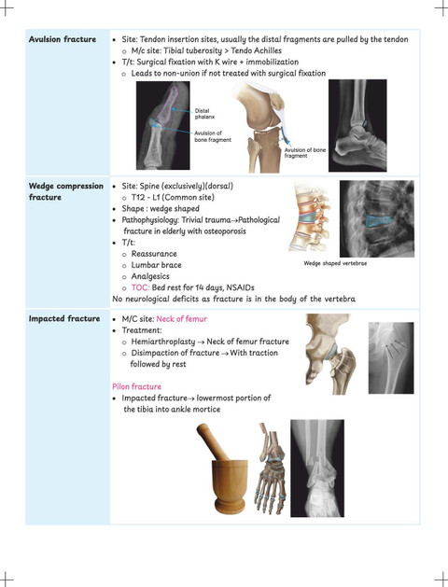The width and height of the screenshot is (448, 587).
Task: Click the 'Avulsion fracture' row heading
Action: click(63, 39)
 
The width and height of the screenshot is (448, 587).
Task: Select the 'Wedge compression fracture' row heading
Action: click(66, 191)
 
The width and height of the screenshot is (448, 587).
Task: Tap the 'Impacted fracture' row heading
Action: click(64, 318)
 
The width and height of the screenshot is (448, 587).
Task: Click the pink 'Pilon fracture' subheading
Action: click(136, 386)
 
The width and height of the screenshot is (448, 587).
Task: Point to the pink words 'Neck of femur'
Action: click(181, 319)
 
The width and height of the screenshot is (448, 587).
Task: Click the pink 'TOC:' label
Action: click(140, 287)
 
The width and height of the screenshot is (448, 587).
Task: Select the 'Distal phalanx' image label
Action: click(204, 114)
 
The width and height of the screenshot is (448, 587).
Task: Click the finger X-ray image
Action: click(162, 125)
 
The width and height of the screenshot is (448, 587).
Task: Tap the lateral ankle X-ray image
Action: click(357, 125)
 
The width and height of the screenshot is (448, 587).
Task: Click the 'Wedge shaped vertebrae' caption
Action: click(335, 263)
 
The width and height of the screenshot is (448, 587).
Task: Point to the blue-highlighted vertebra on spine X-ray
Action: click(379, 221)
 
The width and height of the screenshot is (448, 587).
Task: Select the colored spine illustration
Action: click(310, 218)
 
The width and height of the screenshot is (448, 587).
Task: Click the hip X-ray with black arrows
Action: click(391, 357)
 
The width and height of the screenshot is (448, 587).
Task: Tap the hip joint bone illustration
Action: click(330, 354)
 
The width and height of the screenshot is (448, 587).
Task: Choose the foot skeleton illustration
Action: click(270, 468)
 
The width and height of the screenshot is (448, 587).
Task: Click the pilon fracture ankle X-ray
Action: click(317, 468)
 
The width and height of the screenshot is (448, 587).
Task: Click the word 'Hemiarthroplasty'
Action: click(163, 342)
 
